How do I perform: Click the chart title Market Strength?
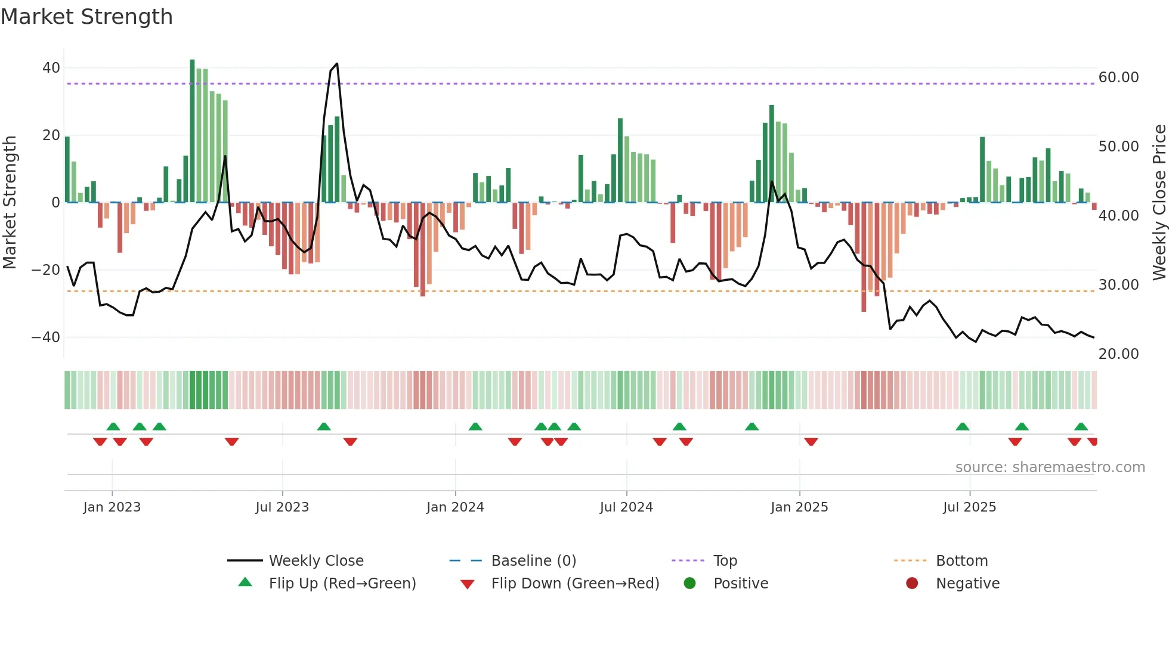point(86,17)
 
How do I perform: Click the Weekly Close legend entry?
point(316,560)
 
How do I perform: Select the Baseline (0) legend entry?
point(533,560)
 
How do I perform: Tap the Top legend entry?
point(725,560)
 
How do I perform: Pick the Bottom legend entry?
point(961,560)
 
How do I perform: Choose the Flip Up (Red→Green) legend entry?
point(342,583)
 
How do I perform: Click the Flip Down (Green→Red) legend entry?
point(575,583)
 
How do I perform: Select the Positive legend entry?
point(740,583)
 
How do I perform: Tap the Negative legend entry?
point(967,583)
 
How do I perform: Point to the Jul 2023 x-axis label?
point(282,507)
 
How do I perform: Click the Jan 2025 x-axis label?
point(799,507)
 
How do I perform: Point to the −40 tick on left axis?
point(46,337)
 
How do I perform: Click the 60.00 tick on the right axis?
point(1118,78)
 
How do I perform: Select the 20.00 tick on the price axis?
point(1118,354)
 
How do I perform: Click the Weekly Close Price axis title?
point(1159,202)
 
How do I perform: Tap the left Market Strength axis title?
point(10,202)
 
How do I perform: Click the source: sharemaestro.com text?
point(1050,467)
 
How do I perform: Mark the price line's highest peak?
point(337,64)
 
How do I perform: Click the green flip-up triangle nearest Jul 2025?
point(962,426)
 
